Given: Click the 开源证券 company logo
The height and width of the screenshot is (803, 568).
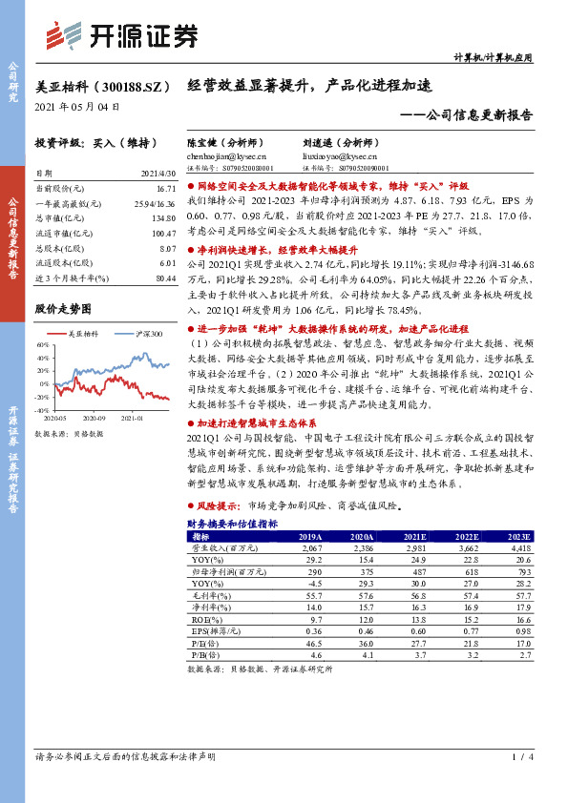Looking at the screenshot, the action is [124, 36].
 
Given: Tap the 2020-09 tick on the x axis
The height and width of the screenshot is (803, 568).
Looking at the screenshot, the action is [93, 417].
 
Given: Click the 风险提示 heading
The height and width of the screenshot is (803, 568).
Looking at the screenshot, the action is [219, 504].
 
